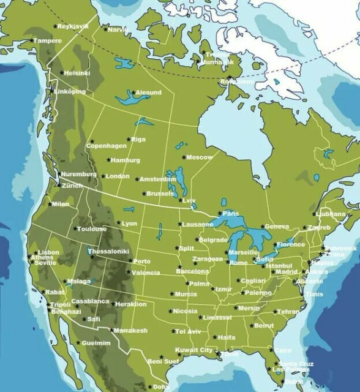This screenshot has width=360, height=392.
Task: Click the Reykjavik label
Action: point(73,26)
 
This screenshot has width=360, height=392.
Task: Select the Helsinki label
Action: point(77,73)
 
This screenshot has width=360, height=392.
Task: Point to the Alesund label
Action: point(148,92)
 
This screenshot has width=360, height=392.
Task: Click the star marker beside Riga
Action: point(129,139)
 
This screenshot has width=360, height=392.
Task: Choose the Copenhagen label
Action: point(106,146)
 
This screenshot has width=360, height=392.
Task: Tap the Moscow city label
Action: point(199,157)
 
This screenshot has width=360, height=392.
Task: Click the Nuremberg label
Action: point(78,175)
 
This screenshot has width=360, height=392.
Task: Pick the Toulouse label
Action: point(91,229)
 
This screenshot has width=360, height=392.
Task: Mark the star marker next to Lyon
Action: point(118,224)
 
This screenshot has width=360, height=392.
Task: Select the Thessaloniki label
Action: point(109,251)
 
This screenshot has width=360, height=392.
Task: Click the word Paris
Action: point(231,213)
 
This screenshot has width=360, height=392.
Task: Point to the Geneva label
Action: point(277,227)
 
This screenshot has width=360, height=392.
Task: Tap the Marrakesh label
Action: point(131,331)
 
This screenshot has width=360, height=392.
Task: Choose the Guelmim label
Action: point(96,343)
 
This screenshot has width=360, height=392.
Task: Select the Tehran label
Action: point(288,312)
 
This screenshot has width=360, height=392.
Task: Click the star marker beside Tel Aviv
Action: point(173,331)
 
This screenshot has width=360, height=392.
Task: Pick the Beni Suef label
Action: point(163,361)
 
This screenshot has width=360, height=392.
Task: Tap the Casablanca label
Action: point(90,301)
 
